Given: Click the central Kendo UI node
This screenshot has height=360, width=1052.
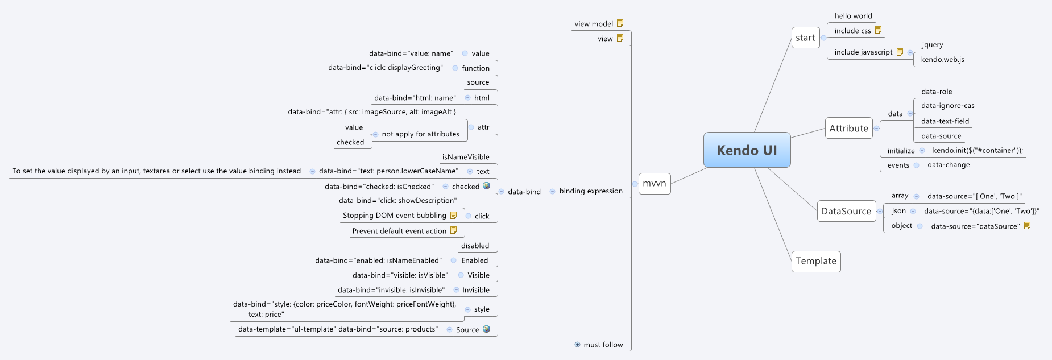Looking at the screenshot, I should (747, 150).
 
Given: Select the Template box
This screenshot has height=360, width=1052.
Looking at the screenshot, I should (815, 261).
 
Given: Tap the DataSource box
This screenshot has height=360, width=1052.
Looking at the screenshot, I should (846, 211).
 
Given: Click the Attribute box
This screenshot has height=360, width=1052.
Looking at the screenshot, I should (848, 129).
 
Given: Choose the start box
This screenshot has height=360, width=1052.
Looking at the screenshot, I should (805, 38).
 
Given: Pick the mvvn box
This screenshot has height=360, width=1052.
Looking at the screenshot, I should (654, 183).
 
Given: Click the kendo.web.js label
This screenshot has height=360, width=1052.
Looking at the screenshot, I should (942, 60).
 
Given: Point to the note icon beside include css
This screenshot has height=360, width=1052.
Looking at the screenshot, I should (878, 30).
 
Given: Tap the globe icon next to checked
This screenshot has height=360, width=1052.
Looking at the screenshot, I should (486, 186).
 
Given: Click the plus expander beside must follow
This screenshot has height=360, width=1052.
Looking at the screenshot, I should (578, 344).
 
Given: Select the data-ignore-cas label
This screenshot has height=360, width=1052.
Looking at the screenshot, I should (947, 106).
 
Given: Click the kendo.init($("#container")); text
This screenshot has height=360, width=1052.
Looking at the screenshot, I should (978, 151).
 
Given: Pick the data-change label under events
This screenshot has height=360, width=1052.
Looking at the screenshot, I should (949, 165).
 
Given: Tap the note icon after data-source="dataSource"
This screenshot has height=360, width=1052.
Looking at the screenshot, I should (1027, 226).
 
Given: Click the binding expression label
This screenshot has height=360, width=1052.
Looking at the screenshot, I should (591, 191).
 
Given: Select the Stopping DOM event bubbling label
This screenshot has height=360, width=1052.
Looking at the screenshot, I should (394, 216).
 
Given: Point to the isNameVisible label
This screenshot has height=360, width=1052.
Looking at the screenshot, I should (466, 157).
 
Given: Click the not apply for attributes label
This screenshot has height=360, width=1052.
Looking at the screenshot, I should (420, 134).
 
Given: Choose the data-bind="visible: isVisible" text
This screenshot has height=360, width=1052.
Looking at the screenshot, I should (400, 275).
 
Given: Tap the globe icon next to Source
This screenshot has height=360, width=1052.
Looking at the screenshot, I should (486, 329).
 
